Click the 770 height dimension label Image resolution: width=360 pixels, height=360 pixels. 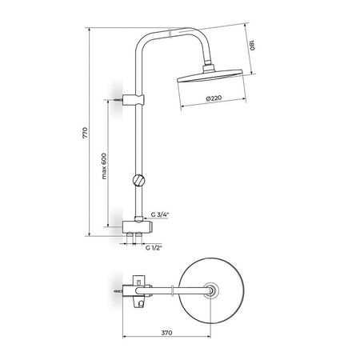(85, 133)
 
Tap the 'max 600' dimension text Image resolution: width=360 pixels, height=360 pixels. (104, 166)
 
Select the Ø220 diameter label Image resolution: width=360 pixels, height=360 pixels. (214, 98)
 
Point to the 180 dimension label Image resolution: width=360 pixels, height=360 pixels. (252, 46)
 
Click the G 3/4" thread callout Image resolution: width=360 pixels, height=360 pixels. (160, 214)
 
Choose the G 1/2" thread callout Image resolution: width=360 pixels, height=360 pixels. (154, 248)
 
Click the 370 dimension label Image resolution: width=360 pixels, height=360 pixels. (166, 333)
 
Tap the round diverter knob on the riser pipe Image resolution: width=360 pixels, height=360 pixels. (138, 180)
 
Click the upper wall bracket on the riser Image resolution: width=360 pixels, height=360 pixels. (133, 100)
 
